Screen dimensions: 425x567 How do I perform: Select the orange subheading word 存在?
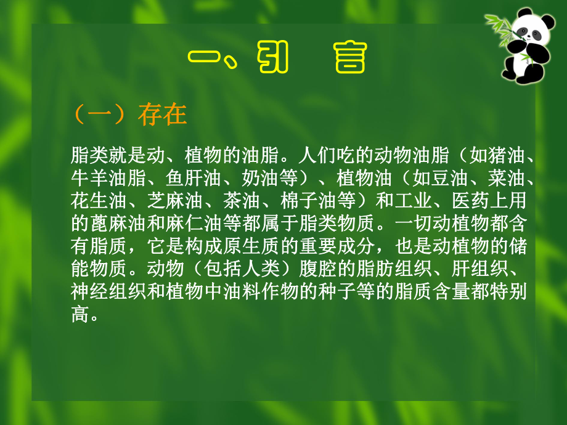[162, 115]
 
